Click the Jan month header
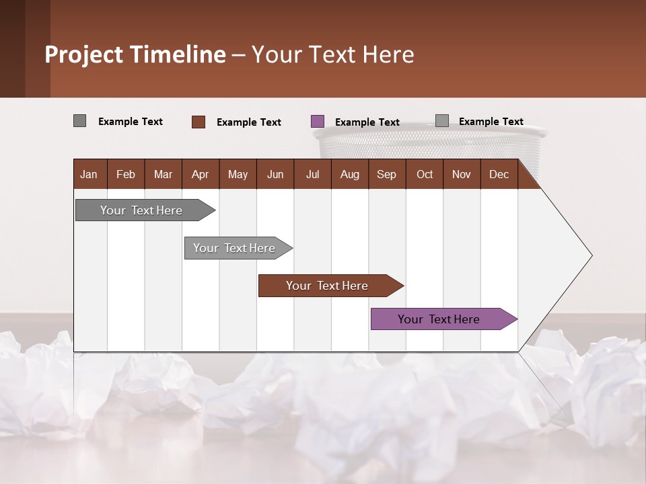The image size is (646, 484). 89,174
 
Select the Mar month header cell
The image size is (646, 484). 163,174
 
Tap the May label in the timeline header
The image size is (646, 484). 238,174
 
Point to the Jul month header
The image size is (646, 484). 312,174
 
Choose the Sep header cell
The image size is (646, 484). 386,174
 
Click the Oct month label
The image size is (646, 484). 425,174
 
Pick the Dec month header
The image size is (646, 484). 499,174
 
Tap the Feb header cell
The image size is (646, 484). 126,174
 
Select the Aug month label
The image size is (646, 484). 349,174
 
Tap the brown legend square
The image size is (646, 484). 199,122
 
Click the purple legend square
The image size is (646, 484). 318,122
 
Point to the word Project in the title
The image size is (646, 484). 84,54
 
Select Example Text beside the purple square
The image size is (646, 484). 367,122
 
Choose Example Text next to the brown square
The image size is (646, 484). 248,122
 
